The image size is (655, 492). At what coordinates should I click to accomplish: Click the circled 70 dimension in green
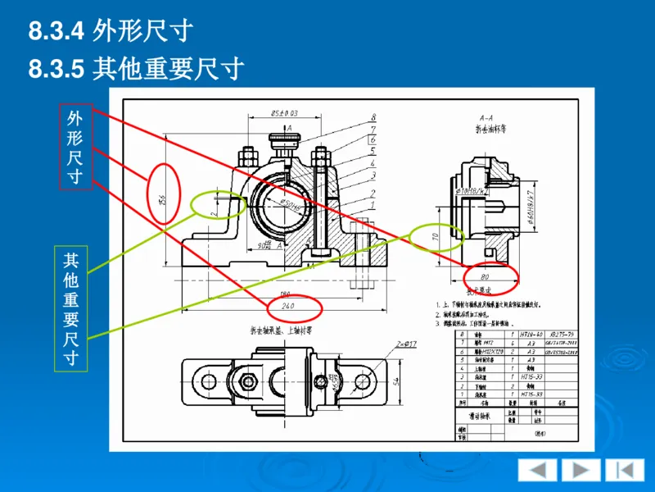pos(436,238)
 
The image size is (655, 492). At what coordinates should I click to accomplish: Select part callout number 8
pos(373,117)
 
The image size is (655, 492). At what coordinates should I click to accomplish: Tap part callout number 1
pos(373,206)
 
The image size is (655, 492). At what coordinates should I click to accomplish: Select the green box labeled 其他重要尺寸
pos(70,308)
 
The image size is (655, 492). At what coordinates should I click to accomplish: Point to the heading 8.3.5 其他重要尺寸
pos(137,69)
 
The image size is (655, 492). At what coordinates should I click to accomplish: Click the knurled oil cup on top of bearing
pos(284,148)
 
